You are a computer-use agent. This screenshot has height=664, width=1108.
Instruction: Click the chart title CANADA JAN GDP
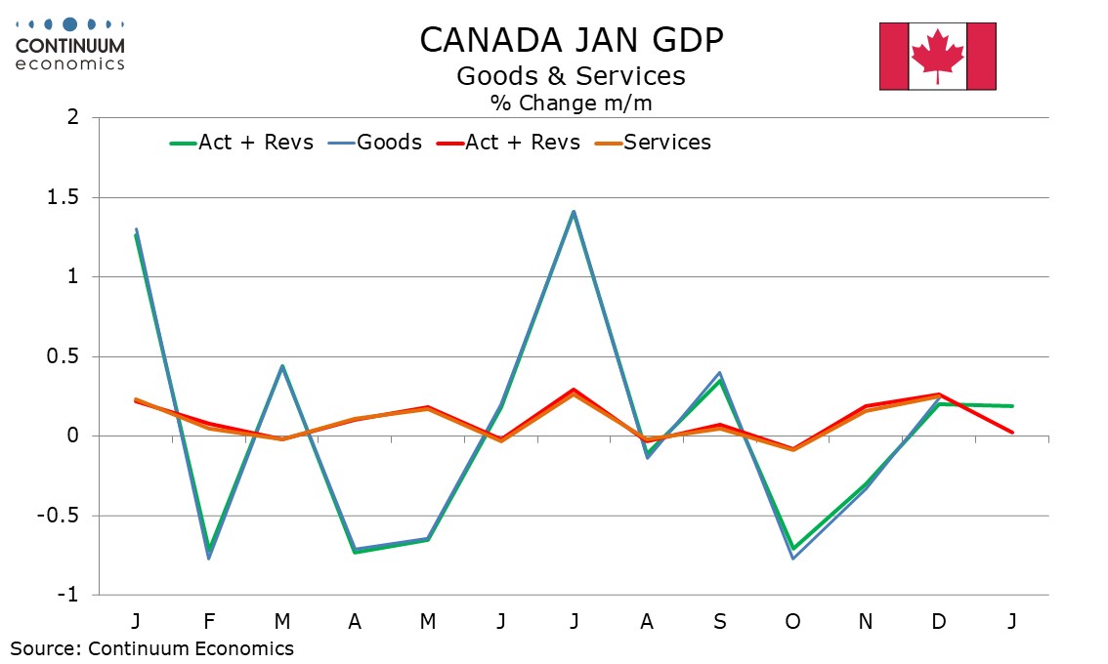pyautogui.click(x=572, y=40)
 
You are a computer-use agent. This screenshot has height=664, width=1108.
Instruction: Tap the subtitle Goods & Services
pyautogui.click(x=572, y=76)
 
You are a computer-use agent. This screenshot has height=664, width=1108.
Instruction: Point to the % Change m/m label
pyautogui.click(x=572, y=102)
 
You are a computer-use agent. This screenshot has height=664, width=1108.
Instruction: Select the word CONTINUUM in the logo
pyautogui.click(x=70, y=46)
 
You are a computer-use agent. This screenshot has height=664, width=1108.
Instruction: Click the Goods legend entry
pyautogui.click(x=389, y=143)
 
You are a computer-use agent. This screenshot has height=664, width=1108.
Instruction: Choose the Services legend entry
pyautogui.click(x=667, y=143)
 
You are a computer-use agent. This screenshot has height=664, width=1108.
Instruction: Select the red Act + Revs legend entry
pyautogui.click(x=523, y=143)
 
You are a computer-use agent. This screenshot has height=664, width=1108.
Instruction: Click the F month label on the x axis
pyautogui.click(x=208, y=622)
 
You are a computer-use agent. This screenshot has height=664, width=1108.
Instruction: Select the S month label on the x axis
pyautogui.click(x=720, y=622)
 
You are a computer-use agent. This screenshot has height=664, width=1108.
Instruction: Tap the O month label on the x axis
pyautogui.click(x=792, y=622)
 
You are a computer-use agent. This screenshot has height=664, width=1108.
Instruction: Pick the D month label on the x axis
pyautogui.click(x=939, y=622)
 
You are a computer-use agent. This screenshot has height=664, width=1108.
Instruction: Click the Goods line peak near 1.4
pyautogui.click(x=574, y=211)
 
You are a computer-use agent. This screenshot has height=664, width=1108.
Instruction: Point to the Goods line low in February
pyautogui.click(x=208, y=558)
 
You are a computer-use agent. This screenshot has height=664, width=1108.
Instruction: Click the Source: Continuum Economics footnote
pyautogui.click(x=152, y=648)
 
